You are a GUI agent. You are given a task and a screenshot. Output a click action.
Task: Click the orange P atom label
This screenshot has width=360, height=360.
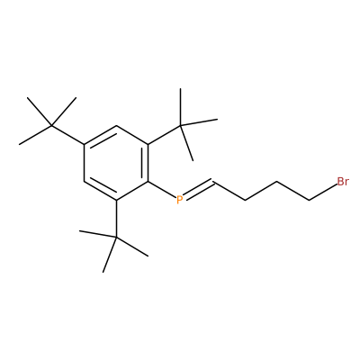[x=179, y=200]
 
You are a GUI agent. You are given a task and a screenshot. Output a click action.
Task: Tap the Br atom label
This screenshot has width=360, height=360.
[x=343, y=182]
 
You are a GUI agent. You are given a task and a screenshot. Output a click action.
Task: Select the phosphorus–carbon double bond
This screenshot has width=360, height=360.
[x=198, y=190]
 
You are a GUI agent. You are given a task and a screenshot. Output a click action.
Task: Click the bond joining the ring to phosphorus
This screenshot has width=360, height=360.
[x=162, y=190]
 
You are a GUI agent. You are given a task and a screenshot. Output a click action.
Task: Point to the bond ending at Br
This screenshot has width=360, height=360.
[x=322, y=193]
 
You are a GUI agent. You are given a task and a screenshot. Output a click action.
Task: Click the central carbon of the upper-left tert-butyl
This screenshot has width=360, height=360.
[x=51, y=125]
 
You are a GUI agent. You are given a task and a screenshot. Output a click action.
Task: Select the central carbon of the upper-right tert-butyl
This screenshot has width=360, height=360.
[x=181, y=125]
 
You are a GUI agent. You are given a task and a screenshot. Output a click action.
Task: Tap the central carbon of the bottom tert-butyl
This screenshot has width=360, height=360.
[x=116, y=238]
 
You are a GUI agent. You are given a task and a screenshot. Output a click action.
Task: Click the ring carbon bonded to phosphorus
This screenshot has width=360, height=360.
[x=148, y=182]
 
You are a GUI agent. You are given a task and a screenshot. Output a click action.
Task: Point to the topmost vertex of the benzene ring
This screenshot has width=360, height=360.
[x=116, y=126]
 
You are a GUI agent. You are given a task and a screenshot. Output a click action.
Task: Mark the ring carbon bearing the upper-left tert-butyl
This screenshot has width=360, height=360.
[x=85, y=144]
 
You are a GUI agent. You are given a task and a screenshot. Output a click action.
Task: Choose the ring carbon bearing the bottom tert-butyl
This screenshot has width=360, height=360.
[x=116, y=200]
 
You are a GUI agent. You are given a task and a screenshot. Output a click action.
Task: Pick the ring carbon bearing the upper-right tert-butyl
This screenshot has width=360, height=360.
[x=148, y=144]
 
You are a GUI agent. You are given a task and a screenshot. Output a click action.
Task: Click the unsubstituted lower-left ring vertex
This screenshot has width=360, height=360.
[x=85, y=182]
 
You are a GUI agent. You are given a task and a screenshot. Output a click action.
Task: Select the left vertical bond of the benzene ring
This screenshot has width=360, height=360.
[x=85, y=163]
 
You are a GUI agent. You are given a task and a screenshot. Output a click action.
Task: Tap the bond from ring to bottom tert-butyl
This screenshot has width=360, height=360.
[x=116, y=219]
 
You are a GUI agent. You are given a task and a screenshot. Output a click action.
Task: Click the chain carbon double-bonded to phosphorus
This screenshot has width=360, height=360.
[x=213, y=181]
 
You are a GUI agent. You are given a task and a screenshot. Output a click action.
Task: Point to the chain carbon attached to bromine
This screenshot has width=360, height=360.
[x=309, y=200]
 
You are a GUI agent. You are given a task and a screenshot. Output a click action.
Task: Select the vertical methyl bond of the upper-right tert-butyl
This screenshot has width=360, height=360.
[x=181, y=107]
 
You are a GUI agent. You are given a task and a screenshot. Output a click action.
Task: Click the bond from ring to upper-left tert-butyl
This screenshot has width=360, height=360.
[x=68, y=135]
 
